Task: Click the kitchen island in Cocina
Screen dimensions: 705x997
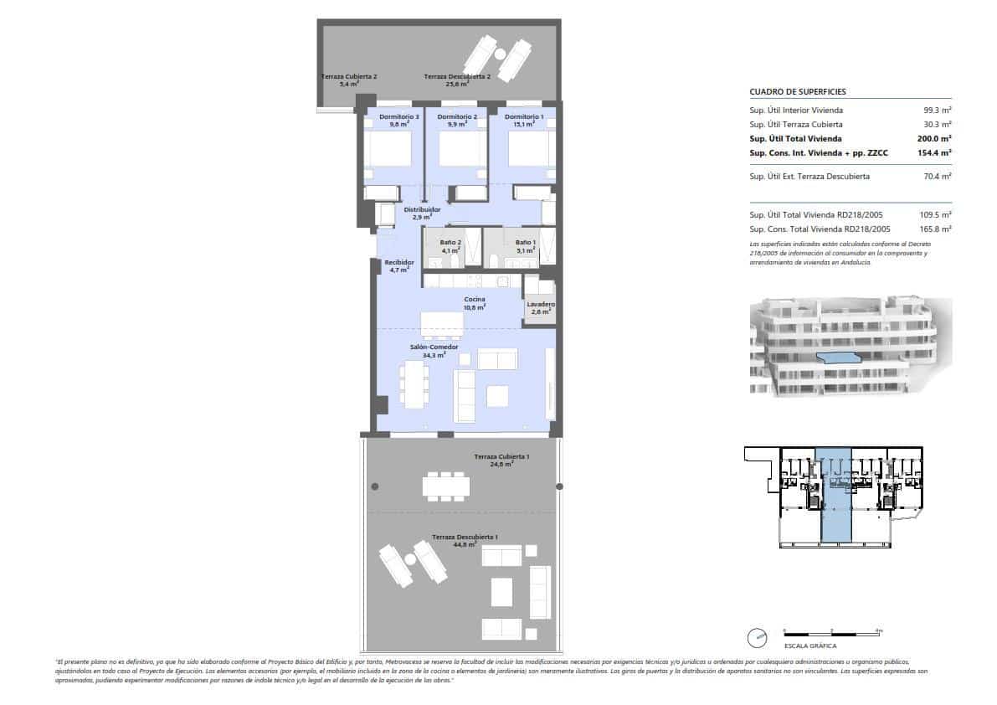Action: (441, 322)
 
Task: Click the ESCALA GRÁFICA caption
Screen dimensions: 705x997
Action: (809, 646)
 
